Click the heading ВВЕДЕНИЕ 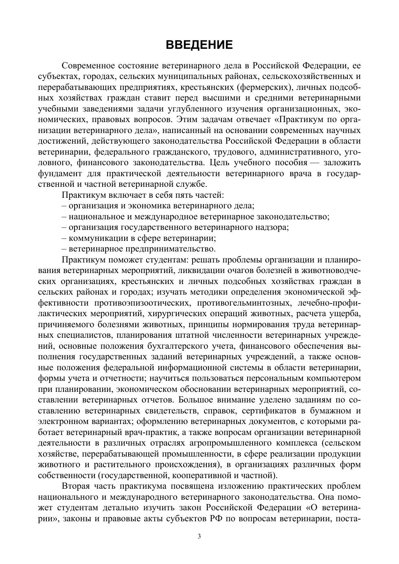point(199,45)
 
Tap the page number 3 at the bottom point(199,536)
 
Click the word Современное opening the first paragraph point(87,66)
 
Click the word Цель point(220,163)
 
